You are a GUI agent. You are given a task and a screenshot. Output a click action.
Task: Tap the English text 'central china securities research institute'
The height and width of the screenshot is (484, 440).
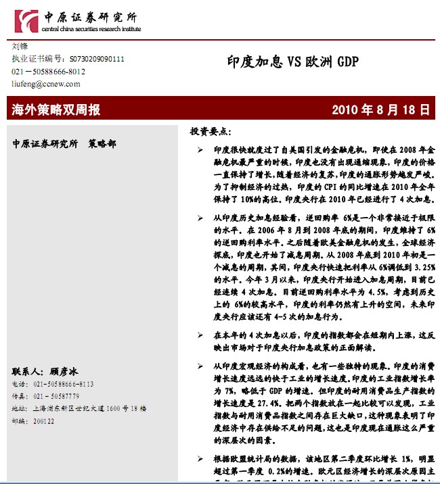tap(91, 29)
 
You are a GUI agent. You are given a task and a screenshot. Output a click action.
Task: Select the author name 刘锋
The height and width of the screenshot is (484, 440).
tap(20, 47)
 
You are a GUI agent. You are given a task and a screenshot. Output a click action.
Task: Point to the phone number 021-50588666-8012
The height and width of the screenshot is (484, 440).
tap(49, 71)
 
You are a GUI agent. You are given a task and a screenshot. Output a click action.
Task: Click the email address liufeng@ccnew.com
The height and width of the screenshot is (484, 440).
tap(46, 84)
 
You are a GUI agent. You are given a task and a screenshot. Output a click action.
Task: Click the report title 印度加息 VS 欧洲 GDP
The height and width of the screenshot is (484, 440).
tap(292, 63)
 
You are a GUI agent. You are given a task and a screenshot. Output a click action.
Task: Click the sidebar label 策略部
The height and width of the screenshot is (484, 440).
tap(102, 144)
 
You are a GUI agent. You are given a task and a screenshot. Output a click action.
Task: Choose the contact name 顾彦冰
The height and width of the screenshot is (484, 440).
tap(64, 371)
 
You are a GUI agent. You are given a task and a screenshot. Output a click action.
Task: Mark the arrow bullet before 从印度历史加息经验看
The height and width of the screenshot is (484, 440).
tap(200, 218)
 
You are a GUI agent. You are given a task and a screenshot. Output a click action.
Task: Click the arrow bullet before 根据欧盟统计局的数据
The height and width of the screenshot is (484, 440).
tap(200, 458)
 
